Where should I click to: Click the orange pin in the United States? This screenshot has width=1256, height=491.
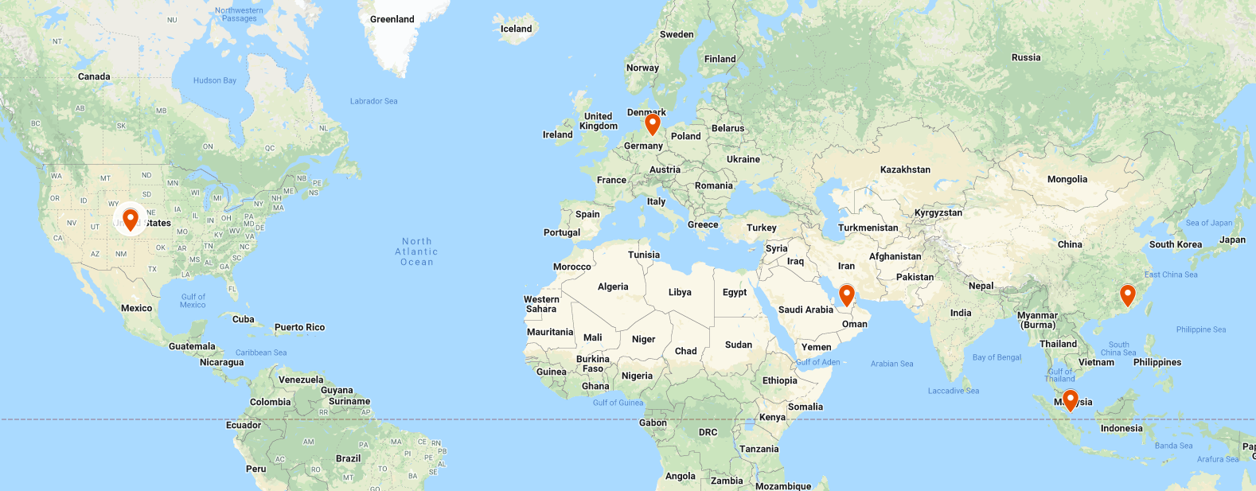[131, 217]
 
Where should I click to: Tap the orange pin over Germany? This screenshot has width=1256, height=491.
[653, 123]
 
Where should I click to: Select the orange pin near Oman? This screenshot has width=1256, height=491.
[847, 294]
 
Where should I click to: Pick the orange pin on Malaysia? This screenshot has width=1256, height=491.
[1071, 398]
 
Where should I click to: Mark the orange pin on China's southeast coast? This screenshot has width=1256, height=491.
[1127, 294]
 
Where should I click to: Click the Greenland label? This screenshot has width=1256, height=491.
[392, 19]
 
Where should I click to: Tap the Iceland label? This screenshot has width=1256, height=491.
[516, 29]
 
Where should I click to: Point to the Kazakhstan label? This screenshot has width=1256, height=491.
[905, 170]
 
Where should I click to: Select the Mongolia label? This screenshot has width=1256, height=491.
[1067, 179]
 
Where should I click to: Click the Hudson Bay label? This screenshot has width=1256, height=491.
[215, 80]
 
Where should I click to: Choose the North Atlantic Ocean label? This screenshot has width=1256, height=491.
[417, 251]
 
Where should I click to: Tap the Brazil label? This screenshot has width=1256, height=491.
[348, 458]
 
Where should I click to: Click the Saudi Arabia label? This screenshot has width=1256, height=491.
[805, 310]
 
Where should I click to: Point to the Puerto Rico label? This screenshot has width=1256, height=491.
[299, 327]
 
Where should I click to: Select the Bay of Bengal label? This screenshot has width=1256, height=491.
[997, 357]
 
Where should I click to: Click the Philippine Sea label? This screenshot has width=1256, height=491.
[1200, 329]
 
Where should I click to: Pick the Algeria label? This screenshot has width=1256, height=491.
[613, 286]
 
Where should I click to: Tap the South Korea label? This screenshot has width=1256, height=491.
[1175, 244]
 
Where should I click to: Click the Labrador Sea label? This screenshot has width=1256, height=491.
[373, 101]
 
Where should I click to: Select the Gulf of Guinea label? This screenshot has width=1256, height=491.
[618, 403]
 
